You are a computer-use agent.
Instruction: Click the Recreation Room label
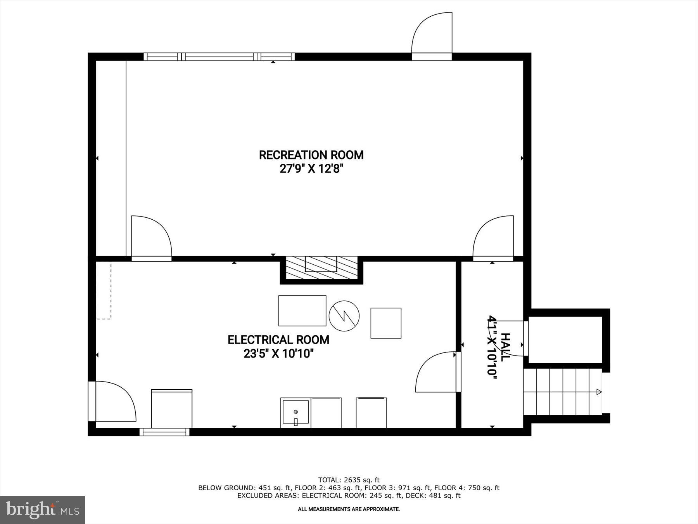(311, 155)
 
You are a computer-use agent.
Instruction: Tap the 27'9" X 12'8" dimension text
(312, 169)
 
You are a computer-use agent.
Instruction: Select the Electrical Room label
(278, 340)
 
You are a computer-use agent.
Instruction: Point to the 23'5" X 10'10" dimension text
(278, 354)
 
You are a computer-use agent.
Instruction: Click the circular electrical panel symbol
(344, 316)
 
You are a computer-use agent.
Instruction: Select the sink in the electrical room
(295, 412)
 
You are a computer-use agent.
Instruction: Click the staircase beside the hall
(562, 392)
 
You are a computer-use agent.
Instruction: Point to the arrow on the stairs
(598, 392)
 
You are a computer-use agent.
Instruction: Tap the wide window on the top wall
(219, 57)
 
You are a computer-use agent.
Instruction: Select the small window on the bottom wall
(164, 432)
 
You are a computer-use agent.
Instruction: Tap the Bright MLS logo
(42, 510)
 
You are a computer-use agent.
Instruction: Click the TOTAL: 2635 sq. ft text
(349, 480)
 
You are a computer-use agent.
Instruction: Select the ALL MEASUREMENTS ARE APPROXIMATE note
(349, 509)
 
